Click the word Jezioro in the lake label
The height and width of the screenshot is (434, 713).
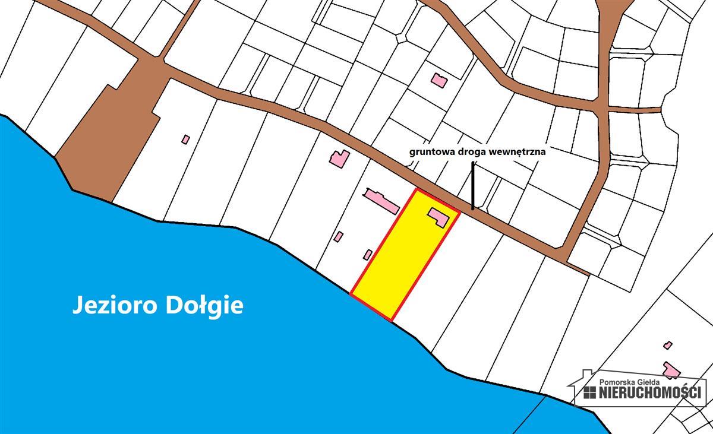click(x=111, y=306)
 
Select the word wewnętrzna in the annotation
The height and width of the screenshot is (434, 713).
click(x=518, y=151)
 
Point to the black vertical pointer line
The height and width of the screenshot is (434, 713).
click(x=473, y=187)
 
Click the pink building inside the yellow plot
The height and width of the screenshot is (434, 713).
click(x=439, y=216)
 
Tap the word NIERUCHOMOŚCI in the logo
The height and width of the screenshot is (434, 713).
click(x=650, y=392)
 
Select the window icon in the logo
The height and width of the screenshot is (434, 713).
click(x=589, y=392)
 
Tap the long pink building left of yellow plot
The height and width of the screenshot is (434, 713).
click(x=382, y=201)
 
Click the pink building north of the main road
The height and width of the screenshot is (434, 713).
click(x=439, y=80)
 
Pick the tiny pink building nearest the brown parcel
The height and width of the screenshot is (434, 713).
click(x=186, y=140)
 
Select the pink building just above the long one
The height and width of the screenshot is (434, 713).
click(x=340, y=158)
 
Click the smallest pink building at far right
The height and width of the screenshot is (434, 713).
click(x=668, y=345)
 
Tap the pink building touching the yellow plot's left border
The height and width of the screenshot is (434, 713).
click(x=368, y=255)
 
